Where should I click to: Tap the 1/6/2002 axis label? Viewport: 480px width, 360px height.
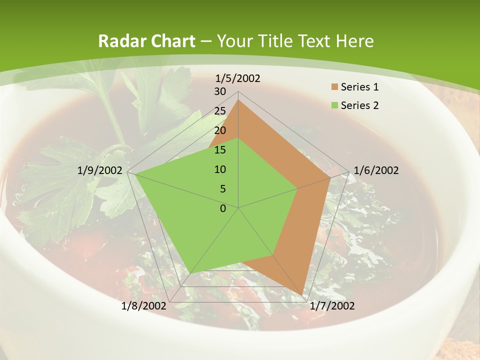[376, 170]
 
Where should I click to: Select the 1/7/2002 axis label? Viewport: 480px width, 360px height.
[332, 305]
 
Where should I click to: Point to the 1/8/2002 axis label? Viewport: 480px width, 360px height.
[144, 305]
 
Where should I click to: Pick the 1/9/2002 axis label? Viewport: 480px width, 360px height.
[100, 170]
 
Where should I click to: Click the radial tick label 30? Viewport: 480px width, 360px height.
[220, 91]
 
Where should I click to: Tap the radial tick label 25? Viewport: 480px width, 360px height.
[220, 111]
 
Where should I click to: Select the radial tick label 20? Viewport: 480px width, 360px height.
[220, 130]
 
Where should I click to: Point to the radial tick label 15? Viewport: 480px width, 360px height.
[220, 150]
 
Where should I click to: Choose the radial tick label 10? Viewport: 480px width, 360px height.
[220, 169]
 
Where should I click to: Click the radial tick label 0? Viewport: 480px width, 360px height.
[223, 208]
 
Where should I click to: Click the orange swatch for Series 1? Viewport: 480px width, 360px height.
[333, 87]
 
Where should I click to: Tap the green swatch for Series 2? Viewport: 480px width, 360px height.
[333, 105]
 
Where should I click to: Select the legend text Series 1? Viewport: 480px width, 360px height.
[359, 87]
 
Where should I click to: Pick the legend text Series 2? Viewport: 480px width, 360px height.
[359, 105]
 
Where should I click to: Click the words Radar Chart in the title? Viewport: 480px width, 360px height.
[146, 41]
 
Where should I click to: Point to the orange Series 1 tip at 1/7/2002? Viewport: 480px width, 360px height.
[302, 294]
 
